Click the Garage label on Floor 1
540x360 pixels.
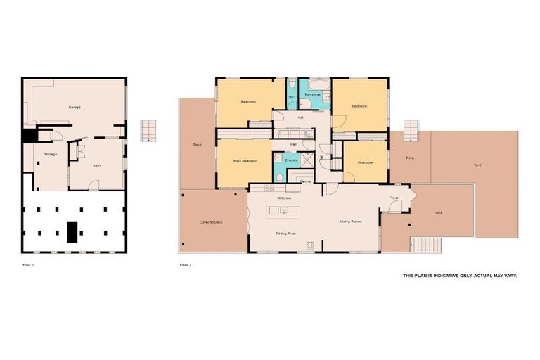point(74,107)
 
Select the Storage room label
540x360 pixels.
point(50,153)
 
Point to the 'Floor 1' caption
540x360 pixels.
point(28,265)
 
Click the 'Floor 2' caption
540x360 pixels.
point(186,265)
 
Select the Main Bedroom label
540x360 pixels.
point(245,161)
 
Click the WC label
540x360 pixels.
point(292,98)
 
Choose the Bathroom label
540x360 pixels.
point(314,94)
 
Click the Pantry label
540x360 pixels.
point(305,181)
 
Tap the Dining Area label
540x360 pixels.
point(285,233)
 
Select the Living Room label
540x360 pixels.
point(350,221)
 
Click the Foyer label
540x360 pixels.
point(394,198)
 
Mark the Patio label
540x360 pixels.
point(410,158)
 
